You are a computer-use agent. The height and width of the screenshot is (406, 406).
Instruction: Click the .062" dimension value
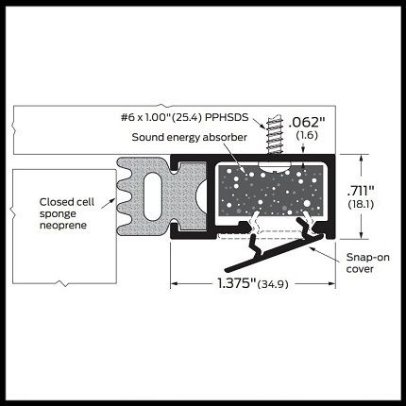pos(306,122)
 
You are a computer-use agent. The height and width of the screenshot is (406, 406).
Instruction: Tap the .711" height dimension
pos(361,191)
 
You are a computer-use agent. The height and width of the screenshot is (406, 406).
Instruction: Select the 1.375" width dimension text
pos(237,283)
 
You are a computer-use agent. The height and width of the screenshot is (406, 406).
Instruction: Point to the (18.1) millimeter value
pos(361,205)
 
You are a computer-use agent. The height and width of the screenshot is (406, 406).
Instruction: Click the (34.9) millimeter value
pos(273,284)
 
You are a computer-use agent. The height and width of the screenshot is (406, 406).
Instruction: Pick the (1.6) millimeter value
pos(307,135)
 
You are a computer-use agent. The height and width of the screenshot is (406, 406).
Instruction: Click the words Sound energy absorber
pos(189,138)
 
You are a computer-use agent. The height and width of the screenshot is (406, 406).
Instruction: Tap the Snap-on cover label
pos(367,263)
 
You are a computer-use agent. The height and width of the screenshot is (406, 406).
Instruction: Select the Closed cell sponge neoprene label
pos(67,213)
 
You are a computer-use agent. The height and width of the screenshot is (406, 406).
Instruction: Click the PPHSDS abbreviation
pos(227,117)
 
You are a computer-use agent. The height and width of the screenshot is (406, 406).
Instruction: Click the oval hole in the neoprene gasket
pos(152,196)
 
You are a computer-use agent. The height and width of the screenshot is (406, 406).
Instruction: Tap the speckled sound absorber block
pos(271,191)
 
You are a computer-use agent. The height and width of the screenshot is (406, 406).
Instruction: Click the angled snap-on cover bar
pos(275,253)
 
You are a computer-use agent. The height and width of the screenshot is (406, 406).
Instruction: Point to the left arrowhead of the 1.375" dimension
pos(174,284)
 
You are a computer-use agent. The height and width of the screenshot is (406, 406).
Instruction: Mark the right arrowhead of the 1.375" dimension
pos(331,284)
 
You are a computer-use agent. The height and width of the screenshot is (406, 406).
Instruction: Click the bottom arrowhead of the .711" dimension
pos(361,235)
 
